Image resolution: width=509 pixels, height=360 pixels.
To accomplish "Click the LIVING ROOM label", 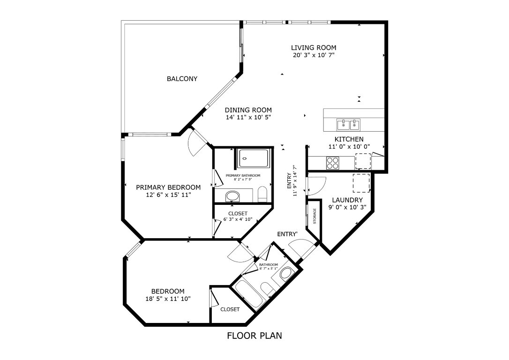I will point(314,48).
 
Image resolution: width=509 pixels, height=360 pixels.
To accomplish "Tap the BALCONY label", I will point(182,79).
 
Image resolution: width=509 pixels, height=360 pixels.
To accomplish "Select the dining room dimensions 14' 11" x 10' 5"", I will point(248,117).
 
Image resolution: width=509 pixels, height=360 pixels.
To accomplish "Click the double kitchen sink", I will point(349,125).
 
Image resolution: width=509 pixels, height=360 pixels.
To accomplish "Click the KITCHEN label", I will point(349,139).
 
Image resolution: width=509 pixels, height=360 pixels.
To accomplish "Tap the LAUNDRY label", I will point(347,200).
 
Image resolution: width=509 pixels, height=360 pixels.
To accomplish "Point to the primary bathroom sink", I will point(232,196).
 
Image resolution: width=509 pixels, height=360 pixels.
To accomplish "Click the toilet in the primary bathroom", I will point(263,194).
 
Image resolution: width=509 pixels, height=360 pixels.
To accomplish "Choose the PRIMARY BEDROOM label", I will point(168,187).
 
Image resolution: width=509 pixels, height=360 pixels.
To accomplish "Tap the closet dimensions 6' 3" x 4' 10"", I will point(238,219).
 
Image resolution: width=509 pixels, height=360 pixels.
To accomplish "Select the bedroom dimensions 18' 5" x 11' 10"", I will point(168,298).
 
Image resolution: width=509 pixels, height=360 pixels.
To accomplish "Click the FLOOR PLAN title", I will point(254,336).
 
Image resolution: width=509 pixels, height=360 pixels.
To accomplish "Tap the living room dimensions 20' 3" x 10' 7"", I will point(314,55).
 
